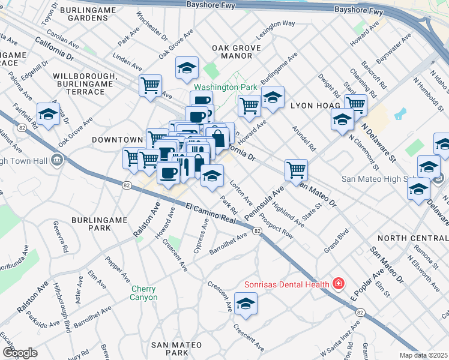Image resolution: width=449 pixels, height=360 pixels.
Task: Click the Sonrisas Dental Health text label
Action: click(287, 284)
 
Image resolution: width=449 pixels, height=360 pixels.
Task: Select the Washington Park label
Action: click(229, 87)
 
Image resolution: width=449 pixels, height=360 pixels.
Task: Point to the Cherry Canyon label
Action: click(145, 293)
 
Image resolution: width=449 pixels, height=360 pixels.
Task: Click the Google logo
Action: click(20, 352)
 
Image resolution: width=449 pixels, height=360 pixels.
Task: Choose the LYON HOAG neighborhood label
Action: click(312, 105)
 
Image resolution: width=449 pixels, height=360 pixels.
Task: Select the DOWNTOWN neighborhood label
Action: click(117, 140)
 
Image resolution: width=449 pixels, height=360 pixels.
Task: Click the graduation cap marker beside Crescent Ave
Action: click(246, 305)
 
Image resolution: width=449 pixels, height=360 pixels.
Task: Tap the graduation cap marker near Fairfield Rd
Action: click(48, 113)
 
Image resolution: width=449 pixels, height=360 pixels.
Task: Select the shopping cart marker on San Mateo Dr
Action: click(296, 170)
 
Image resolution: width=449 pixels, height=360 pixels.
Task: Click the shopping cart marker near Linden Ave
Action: click(149, 85)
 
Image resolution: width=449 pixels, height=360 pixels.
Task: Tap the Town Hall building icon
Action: click(57, 159)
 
